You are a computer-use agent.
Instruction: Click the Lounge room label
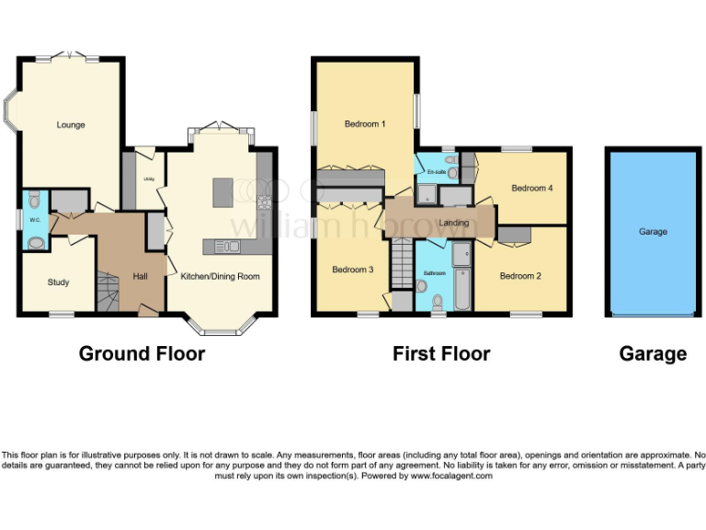[x=70, y=124]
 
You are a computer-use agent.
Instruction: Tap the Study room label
[x=58, y=282]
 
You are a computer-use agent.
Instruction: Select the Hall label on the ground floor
[x=140, y=276]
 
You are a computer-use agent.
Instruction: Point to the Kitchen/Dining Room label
[x=220, y=276]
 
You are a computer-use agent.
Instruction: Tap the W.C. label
[x=33, y=219]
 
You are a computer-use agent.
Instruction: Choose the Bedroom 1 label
[x=365, y=124]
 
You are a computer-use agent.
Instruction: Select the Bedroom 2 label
[x=520, y=276]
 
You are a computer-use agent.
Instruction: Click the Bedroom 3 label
[x=352, y=270]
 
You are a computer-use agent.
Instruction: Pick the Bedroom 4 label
[x=531, y=189]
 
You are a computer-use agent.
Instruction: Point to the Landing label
[x=454, y=223]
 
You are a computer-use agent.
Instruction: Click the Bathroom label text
[x=434, y=273]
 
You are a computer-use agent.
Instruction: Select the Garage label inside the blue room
[x=653, y=232]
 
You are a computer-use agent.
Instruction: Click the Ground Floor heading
[x=142, y=353]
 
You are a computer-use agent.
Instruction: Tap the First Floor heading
[x=441, y=353]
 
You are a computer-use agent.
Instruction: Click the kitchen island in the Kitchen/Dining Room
[x=222, y=192]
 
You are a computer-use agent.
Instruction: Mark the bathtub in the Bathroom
[x=460, y=279]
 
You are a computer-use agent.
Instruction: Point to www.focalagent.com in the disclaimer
[x=451, y=476]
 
